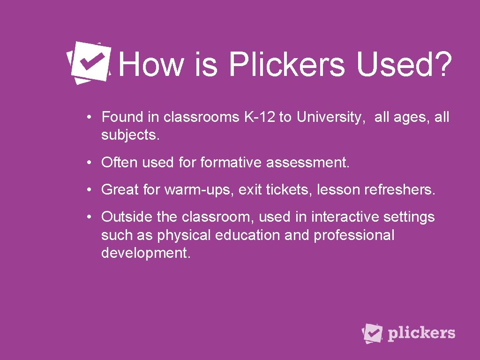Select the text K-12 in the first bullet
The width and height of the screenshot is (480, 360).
pyautogui.click(x=260, y=117)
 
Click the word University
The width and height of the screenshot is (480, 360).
pyautogui.click(x=330, y=117)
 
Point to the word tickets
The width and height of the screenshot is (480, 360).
pyautogui.click(x=289, y=190)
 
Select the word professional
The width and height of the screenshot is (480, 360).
pyautogui.click(x=354, y=235)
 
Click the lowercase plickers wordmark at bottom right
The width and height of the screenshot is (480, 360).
pyautogui.click(x=421, y=333)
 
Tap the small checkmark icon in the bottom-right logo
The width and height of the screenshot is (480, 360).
pyautogui.click(x=373, y=333)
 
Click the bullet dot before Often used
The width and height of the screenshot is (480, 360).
pyautogui.click(x=89, y=163)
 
